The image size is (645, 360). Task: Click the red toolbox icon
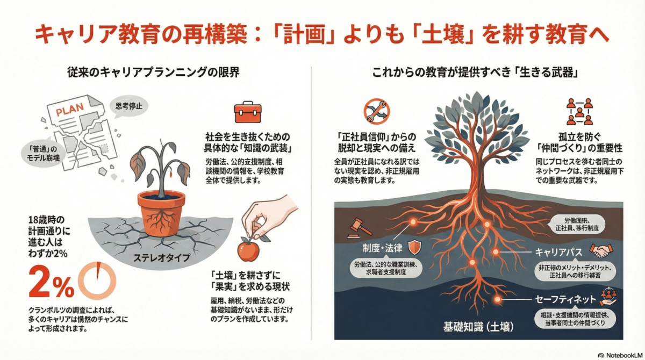tap(247, 112)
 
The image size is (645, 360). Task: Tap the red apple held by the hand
tap(248, 250)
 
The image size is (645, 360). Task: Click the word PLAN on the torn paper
tap(69, 110)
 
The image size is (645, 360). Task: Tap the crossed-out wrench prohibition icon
tap(376, 110)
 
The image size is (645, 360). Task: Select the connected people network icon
tap(579, 111)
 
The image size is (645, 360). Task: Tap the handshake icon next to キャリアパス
tap(602, 250)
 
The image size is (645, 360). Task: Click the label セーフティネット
tap(565, 299)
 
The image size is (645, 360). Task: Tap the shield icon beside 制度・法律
tap(414, 247)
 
